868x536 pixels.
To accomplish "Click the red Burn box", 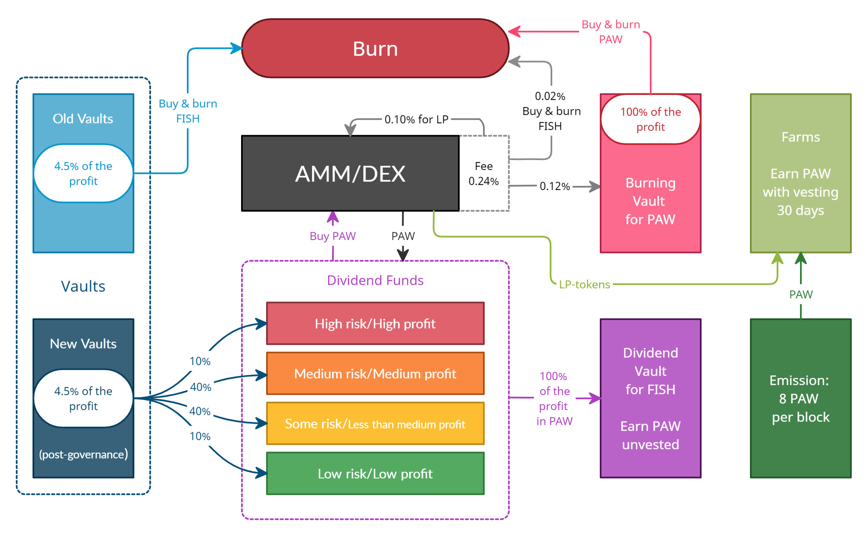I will click(x=375, y=48).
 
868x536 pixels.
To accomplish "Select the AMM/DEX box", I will click(x=350, y=173).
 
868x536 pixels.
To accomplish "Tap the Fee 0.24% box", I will click(x=484, y=173).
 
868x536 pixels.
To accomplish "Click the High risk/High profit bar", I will click(x=375, y=323).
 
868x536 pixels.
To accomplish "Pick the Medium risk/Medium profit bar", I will click(x=375, y=373).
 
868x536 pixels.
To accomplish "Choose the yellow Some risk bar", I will click(x=375, y=423).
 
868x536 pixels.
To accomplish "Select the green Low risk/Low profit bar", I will click(x=375, y=473).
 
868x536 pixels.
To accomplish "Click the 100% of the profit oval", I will click(x=650, y=119).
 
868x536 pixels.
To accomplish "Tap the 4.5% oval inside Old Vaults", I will click(x=83, y=173).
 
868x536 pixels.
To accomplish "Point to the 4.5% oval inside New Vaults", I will click(x=83, y=398).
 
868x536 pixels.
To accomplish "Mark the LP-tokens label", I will click(x=584, y=284).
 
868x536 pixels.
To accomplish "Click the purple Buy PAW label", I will click(x=332, y=236).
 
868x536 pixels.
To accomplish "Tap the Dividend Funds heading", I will click(x=375, y=280).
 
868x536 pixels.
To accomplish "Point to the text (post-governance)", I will click(x=83, y=454).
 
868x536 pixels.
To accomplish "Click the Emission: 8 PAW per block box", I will click(x=800, y=398).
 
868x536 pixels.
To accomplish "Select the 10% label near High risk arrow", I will click(x=200, y=361).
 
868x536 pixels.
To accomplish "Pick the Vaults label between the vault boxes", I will click(x=83, y=286).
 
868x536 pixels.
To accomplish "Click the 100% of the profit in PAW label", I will click(x=554, y=398).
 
